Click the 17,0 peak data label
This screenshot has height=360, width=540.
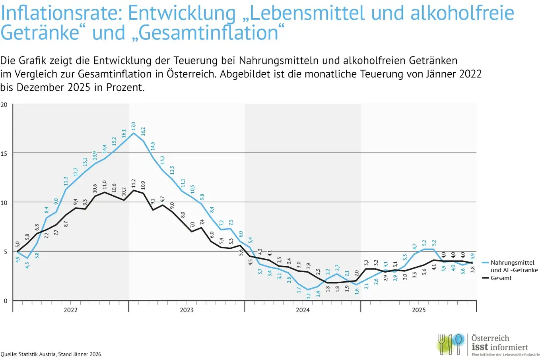pyautogui.click(x=133, y=126)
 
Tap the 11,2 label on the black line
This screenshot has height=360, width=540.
pyautogui.click(x=134, y=183)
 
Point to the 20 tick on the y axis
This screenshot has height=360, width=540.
pyautogui.click(x=4, y=105)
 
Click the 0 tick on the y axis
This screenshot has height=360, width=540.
pyautogui.click(x=6, y=301)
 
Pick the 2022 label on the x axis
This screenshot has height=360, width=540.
pyautogui.click(x=70, y=310)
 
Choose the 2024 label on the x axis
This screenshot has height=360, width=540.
pyautogui.click(x=303, y=310)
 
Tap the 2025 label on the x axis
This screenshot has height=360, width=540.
pyautogui.click(x=419, y=310)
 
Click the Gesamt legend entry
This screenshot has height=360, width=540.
pyautogui.click(x=501, y=278)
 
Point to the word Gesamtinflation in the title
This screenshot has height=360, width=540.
pyautogui.click(x=209, y=33)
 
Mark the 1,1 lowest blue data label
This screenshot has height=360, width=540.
pyautogui.click(x=309, y=296)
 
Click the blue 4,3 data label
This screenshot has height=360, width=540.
pyautogui.click(x=27, y=265)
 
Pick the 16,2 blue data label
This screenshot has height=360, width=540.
pyautogui.click(x=143, y=131)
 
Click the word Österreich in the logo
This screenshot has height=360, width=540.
pyautogui.click(x=490, y=338)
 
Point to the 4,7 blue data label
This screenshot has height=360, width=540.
pyautogui.click(x=415, y=246)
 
